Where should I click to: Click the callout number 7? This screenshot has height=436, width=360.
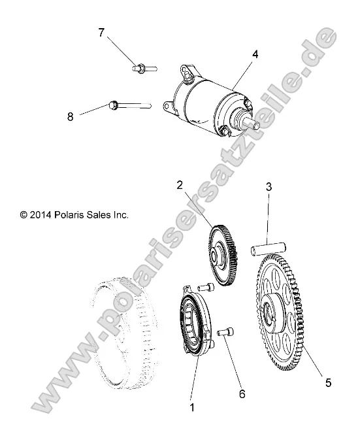click(x=101, y=33)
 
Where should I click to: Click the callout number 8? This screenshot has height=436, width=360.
click(x=70, y=116)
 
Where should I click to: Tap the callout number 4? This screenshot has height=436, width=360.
click(x=255, y=54)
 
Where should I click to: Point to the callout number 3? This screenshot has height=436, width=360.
click(x=268, y=187)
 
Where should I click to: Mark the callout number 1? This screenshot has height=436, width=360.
click(x=192, y=407)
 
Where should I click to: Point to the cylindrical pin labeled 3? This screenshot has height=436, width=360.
click(x=268, y=249)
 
